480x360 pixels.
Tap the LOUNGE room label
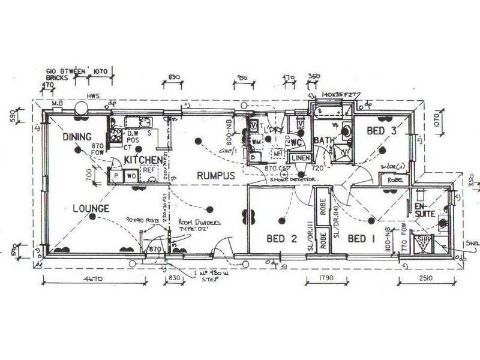pyautogui.click(x=91, y=209)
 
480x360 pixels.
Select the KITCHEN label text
pyautogui.click(x=143, y=160)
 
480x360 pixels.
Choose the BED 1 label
pyautogui.click(x=362, y=239)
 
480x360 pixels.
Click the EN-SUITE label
pyautogui.click(x=424, y=209)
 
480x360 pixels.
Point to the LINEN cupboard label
pyautogui.click(x=300, y=158)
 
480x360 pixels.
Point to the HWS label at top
pyautogui.click(x=93, y=95)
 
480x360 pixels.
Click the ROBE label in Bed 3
pyautogui.click(x=394, y=179)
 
